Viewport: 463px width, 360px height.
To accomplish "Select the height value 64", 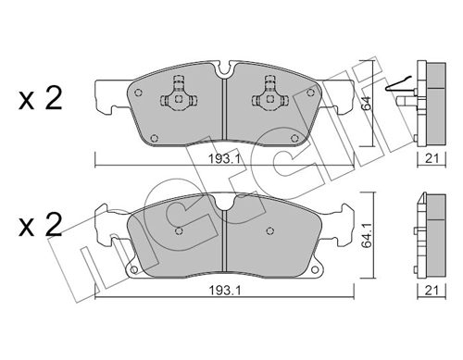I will (x=366, y=104).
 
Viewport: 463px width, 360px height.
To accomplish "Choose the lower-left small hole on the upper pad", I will (x=155, y=142).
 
